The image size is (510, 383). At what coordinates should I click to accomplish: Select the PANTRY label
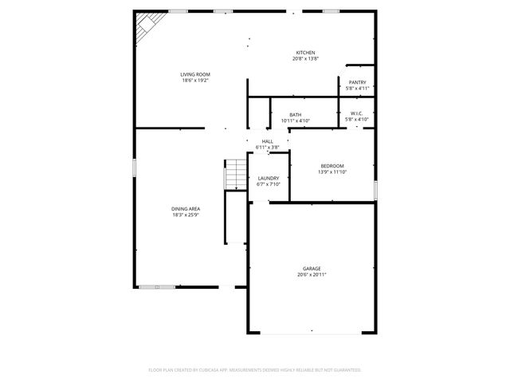click(357, 82)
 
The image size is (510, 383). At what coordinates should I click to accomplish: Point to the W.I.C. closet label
click(357, 114)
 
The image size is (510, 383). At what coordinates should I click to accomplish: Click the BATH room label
click(296, 115)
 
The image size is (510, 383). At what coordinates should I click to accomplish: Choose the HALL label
click(267, 141)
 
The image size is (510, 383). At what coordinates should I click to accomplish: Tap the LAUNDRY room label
click(268, 178)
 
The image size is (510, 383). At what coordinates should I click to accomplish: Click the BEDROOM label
click(332, 166)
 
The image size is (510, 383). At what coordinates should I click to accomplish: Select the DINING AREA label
click(185, 209)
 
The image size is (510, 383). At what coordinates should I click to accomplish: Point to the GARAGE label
click(312, 268)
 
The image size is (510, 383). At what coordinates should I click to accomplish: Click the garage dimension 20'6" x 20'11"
click(312, 274)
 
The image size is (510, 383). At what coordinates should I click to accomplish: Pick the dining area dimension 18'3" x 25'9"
click(185, 215)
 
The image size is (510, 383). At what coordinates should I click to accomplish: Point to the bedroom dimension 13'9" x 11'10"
click(332, 172)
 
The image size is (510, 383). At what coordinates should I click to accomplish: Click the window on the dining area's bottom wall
click(156, 286)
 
